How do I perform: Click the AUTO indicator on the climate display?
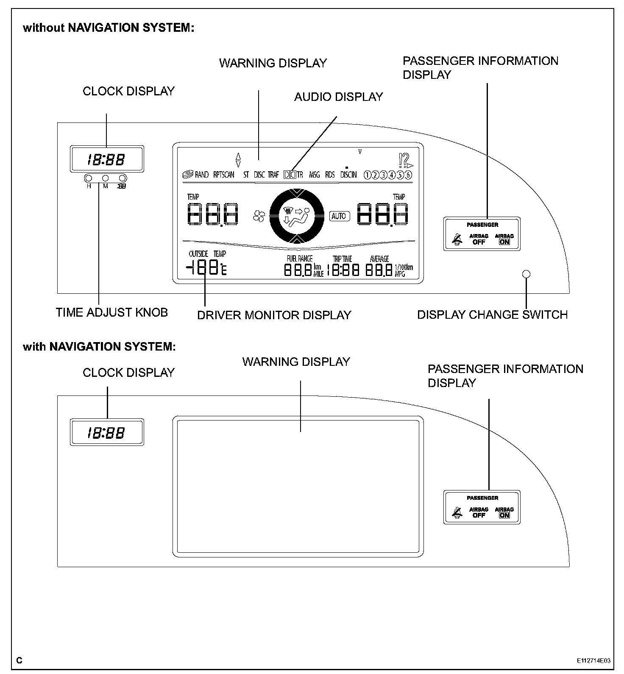point(338,216)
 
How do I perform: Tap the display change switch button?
point(526,274)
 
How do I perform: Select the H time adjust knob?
point(89,178)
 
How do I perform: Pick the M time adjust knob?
point(106,178)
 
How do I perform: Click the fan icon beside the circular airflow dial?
point(258,216)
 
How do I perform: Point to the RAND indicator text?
point(201,175)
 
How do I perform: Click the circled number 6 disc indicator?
point(408,175)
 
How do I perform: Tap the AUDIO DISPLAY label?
point(338,97)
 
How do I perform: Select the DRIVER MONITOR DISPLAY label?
point(274,315)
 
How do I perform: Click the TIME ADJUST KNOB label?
point(112,312)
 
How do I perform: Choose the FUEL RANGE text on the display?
point(299,259)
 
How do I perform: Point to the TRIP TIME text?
point(342,259)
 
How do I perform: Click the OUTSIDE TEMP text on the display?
point(207,254)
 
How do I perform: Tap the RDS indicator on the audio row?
point(330,175)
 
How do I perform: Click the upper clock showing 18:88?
point(106,159)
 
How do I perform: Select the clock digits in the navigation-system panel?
point(106,433)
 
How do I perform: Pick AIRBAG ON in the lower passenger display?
point(504,512)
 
